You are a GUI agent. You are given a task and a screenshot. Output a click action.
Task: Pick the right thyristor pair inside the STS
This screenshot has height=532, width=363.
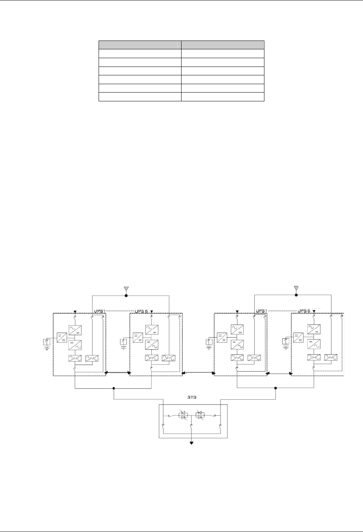[x=199, y=415]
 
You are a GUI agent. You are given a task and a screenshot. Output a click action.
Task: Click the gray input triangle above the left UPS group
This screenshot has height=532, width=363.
[x=126, y=288]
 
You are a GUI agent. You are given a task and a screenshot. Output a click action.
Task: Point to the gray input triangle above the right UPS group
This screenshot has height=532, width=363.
[x=296, y=287]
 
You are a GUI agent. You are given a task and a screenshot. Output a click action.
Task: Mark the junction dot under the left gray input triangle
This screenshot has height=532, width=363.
[x=126, y=295]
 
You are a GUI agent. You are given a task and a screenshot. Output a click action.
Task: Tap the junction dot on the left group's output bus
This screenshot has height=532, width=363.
[x=114, y=388]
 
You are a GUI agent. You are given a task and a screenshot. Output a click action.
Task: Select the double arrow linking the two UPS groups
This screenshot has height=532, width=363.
[x=198, y=372]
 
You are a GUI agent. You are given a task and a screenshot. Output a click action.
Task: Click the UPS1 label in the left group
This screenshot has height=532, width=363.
[x=99, y=310]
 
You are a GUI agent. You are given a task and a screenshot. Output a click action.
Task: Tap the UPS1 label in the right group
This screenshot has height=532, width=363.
[x=262, y=310]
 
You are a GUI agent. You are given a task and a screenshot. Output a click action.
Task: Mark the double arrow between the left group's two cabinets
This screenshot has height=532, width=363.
[x=118, y=372]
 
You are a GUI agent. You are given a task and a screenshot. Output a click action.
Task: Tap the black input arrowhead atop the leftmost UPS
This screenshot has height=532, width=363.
[x=75, y=311]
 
